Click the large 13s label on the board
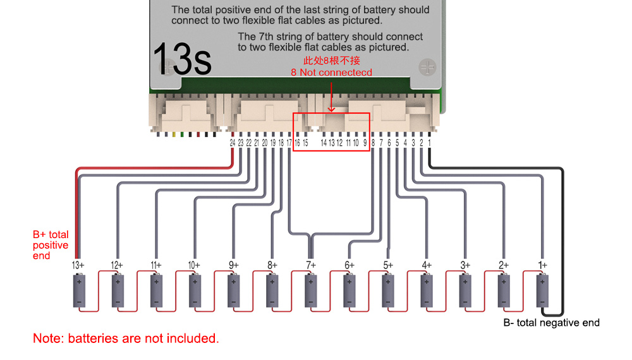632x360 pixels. coord(182,59)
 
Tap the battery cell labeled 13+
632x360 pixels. coord(79,291)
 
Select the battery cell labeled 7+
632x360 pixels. coord(311,291)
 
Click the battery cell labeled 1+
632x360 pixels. coord(542,291)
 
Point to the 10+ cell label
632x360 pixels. coord(194,265)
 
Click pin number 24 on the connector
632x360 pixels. coord(233,143)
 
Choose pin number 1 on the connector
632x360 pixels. coord(429,143)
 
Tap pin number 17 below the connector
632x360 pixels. coord(289,143)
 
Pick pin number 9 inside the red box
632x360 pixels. coord(365,143)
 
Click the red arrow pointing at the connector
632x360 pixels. coord(331,97)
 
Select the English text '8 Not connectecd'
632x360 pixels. coord(331,73)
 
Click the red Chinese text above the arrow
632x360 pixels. coord(332,61)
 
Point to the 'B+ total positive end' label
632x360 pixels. coord(51,245)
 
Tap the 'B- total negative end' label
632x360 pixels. coord(551,323)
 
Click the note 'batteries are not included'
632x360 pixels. coord(126,339)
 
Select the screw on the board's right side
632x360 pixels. coord(427,67)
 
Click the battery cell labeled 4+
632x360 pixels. coord(427,291)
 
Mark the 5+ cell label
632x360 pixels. coord(388,265)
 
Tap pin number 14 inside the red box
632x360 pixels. coord(324,143)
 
